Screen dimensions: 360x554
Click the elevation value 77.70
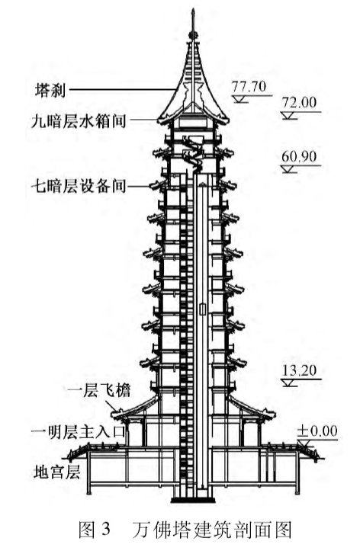249,87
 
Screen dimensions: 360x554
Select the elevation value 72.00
299,103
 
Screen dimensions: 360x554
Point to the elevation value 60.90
299,156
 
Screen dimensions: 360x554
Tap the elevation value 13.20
299,370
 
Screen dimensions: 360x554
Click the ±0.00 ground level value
317,431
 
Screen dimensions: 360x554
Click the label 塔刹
50,91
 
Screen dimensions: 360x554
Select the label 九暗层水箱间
79,121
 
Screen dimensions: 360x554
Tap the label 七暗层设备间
79,185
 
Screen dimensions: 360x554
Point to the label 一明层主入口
78,432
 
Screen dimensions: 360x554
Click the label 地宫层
57,472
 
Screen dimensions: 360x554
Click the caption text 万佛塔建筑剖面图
212,530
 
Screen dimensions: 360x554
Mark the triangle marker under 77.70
241,99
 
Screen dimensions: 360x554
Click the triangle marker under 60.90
290,169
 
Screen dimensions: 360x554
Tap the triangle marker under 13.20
290,383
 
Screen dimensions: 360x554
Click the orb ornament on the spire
193,34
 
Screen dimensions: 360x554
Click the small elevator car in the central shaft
203,309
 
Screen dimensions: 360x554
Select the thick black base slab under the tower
193,500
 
